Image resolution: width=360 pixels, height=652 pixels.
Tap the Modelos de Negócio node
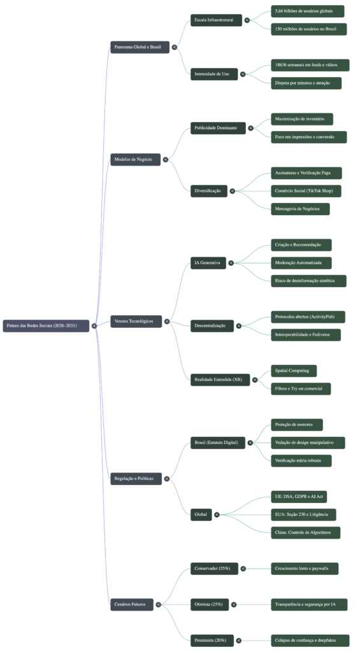click(x=135, y=159)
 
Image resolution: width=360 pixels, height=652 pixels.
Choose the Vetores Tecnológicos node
click(x=136, y=321)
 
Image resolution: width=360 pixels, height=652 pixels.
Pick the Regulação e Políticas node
click(x=136, y=478)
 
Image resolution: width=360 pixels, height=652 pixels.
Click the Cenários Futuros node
click(x=131, y=604)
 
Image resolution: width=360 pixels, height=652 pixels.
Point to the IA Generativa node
click(x=208, y=262)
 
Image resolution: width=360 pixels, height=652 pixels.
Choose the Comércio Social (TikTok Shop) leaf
click(x=306, y=190)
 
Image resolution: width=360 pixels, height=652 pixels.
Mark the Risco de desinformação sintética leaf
click(x=308, y=281)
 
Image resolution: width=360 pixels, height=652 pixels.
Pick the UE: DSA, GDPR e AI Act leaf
click(x=299, y=497)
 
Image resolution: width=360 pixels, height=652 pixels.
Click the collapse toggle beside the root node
click(x=94, y=325)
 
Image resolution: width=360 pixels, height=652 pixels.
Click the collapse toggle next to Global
click(x=217, y=514)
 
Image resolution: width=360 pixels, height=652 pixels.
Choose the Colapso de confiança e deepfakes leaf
click(x=308, y=639)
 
